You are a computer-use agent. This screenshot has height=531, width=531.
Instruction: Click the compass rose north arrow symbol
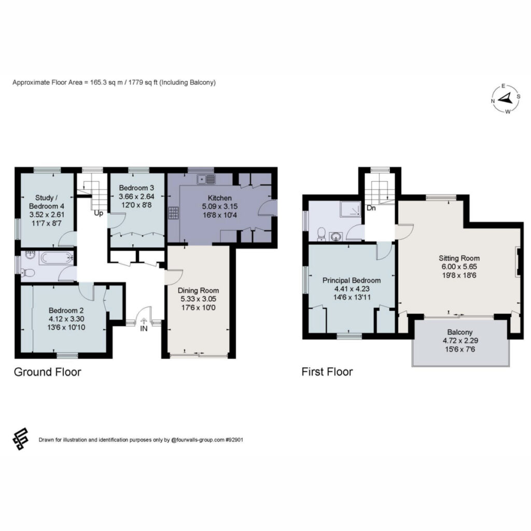point(505,99)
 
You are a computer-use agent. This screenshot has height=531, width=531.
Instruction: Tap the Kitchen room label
point(220,198)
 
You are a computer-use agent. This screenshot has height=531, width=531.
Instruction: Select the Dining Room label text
point(199,290)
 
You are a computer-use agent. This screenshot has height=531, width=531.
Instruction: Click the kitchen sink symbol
point(206,179)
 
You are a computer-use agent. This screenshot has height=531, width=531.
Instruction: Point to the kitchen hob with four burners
point(173,213)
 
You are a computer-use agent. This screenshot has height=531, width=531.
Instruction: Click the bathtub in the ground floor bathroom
point(57,258)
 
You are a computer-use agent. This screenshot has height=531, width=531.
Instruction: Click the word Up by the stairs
point(98,213)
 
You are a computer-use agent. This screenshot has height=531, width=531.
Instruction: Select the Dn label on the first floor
point(371,207)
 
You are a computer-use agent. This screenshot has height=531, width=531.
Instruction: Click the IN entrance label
point(144,328)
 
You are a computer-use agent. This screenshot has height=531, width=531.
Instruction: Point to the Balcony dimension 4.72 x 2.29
point(460,340)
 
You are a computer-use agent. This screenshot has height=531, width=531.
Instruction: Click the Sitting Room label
point(459,258)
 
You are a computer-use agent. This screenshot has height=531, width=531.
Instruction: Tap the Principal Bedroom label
point(351,280)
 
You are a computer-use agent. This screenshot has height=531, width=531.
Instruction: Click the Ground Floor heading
point(47,372)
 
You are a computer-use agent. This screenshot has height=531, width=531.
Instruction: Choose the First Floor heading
point(327,372)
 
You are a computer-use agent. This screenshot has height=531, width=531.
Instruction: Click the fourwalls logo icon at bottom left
point(20,439)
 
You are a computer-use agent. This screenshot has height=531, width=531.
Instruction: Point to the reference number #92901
point(234,440)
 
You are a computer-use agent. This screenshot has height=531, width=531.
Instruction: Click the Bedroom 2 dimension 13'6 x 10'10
point(66,327)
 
